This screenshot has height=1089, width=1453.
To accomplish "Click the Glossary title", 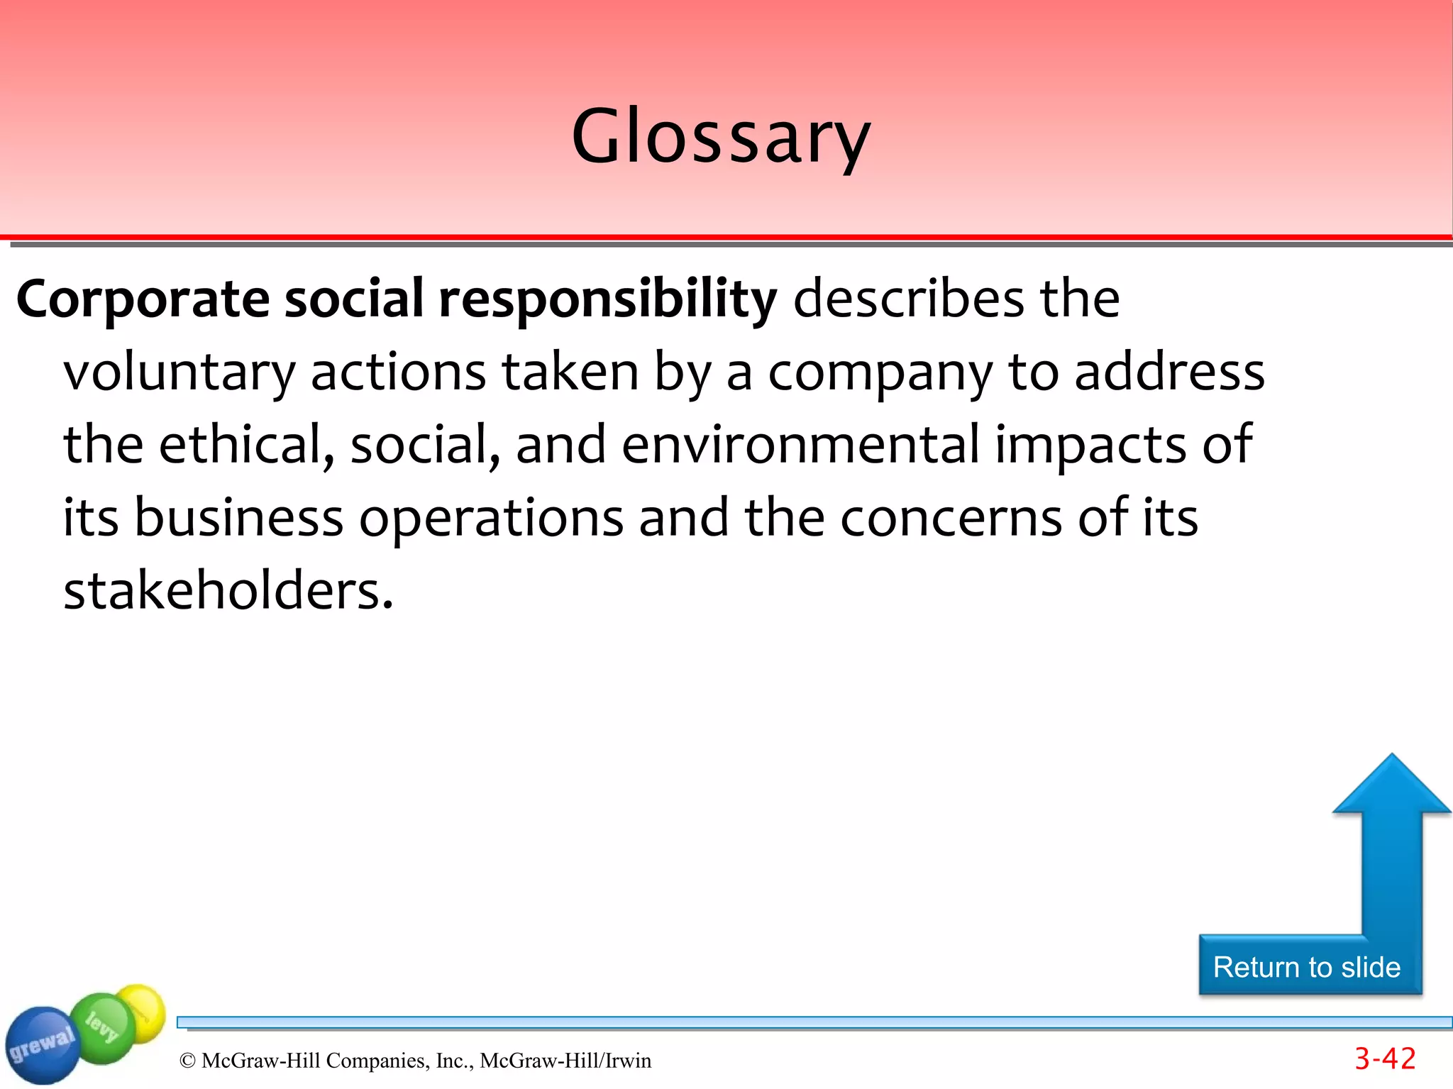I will click(721, 136).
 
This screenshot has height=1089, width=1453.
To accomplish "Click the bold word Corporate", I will click(143, 299).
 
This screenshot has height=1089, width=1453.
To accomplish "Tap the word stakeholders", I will click(228, 591).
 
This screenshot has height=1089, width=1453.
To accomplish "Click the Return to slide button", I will click(1307, 967).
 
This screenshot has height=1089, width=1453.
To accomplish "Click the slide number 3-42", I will click(1385, 1058).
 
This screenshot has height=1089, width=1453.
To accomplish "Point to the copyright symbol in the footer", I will click(187, 1061).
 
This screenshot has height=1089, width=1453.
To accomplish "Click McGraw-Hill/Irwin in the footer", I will click(565, 1061).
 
